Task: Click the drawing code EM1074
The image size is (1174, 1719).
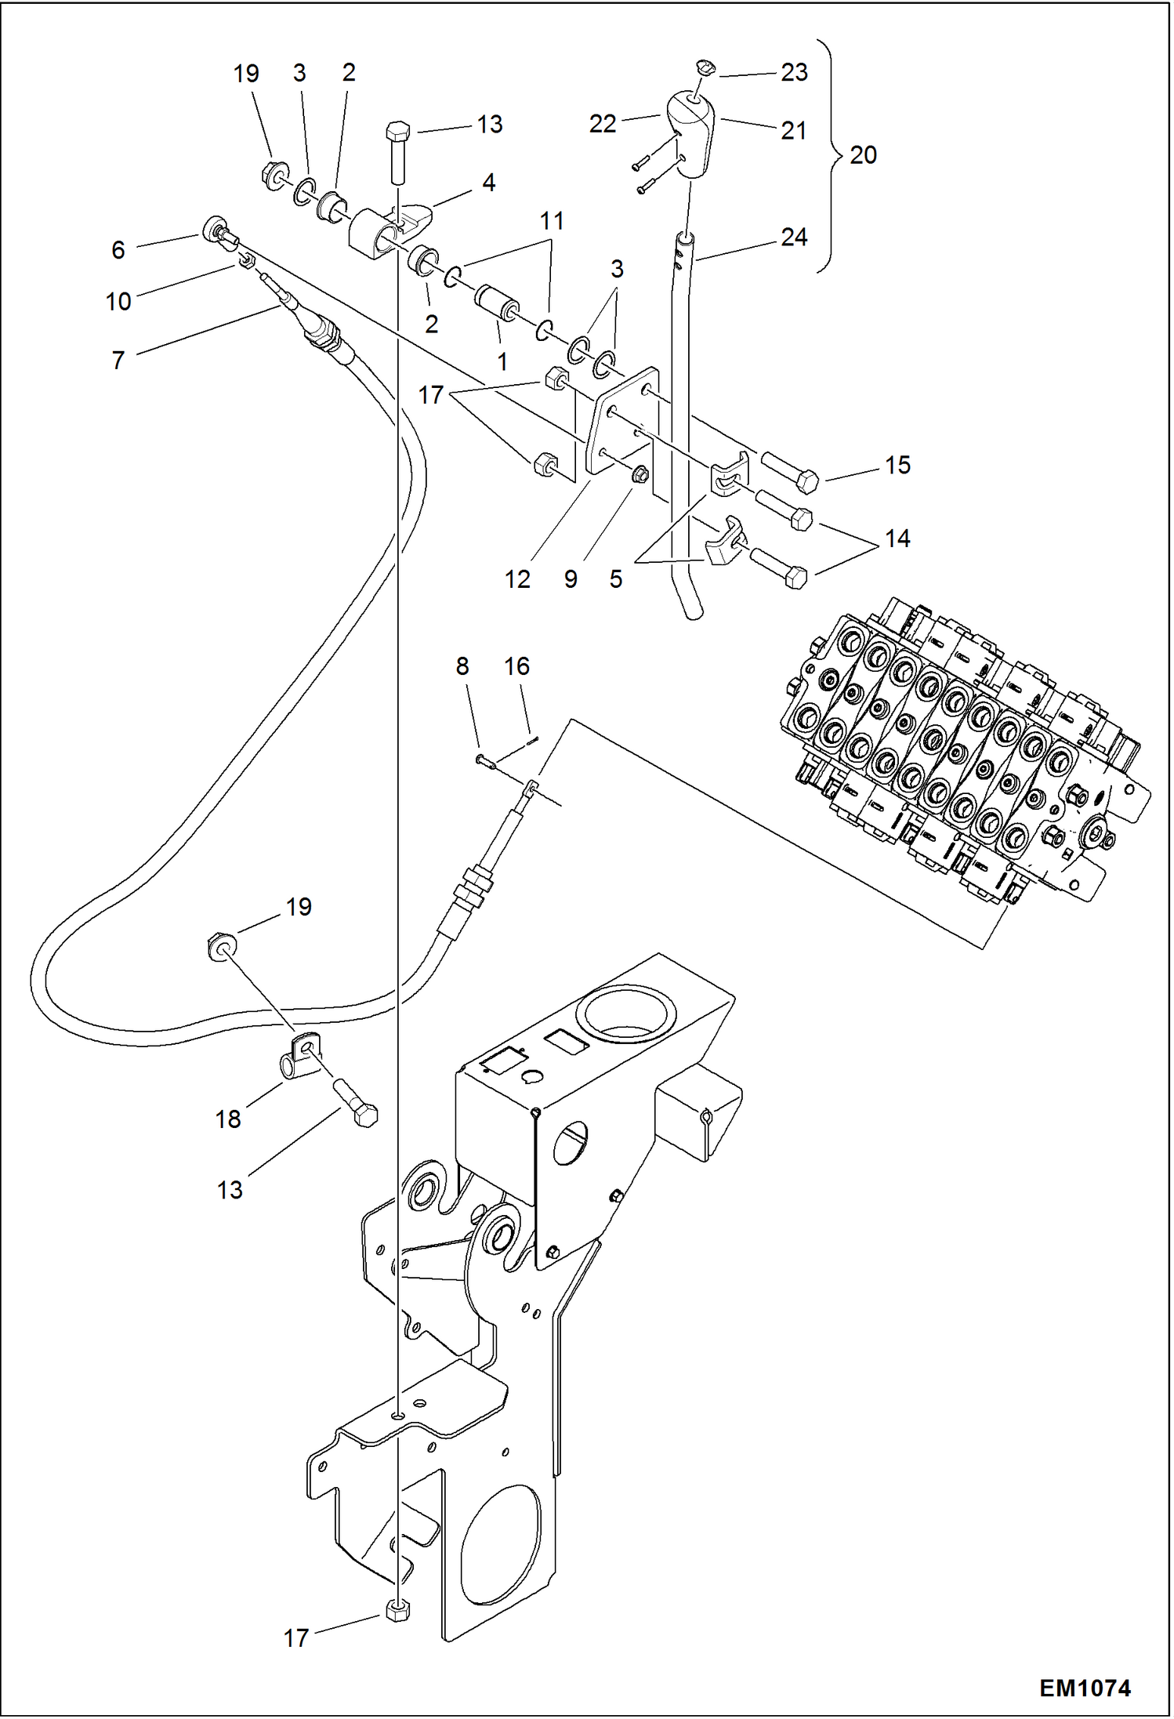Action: tap(1084, 1688)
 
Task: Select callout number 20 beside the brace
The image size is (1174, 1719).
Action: tap(863, 155)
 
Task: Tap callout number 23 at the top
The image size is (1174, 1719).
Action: tap(794, 72)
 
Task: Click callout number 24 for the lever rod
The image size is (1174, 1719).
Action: tap(794, 237)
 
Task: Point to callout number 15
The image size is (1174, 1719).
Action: tap(897, 466)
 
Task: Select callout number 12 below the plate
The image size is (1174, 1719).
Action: tap(517, 579)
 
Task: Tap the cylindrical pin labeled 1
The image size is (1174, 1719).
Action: tap(496, 304)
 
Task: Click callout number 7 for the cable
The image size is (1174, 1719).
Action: tap(118, 361)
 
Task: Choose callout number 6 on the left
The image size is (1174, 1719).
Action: tap(118, 250)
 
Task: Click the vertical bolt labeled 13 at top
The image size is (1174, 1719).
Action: tap(397, 153)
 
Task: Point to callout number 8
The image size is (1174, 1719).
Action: tap(462, 666)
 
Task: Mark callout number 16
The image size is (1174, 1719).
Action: tap(516, 666)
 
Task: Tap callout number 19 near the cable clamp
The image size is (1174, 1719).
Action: tap(299, 907)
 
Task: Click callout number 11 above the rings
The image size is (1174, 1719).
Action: tap(552, 221)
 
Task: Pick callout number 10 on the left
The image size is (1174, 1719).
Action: tap(118, 301)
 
